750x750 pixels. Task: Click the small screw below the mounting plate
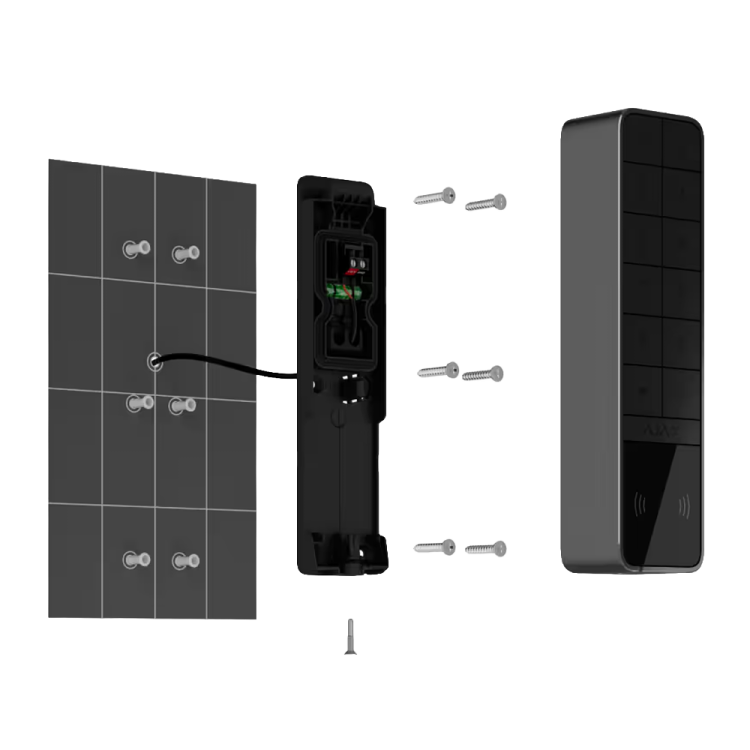(349, 636)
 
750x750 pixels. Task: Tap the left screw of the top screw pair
(435, 196)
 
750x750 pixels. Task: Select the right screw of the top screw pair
(486, 203)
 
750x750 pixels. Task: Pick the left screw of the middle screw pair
(437, 370)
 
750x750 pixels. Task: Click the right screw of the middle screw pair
(484, 373)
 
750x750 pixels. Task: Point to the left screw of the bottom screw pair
(434, 546)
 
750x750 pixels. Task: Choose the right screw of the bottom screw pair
(485, 547)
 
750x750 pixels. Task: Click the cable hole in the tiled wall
(154, 362)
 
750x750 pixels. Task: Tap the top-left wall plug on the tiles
(133, 248)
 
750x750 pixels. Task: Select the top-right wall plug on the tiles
(185, 253)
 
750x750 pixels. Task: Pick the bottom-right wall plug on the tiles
(183, 560)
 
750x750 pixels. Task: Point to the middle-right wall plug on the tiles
(181, 404)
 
